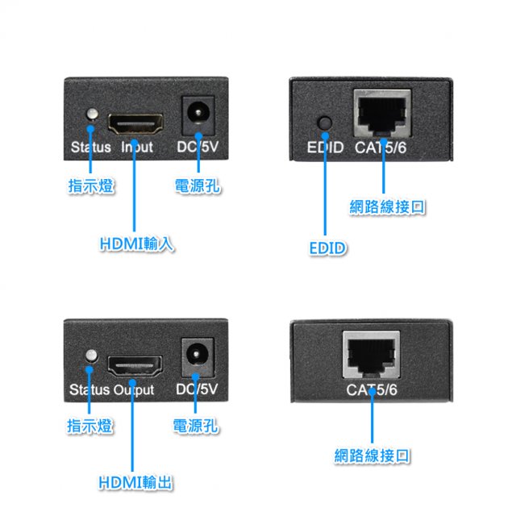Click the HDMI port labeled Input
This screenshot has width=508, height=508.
pos(136,123)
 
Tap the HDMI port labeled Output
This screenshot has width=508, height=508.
pos(135,367)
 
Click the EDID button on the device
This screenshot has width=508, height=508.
pos(325,123)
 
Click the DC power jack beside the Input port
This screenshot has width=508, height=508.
pos(196,115)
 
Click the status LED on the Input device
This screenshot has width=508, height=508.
pos(94,115)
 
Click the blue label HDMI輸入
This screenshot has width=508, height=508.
pos(135,243)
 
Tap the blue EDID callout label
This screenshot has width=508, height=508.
pos(327,248)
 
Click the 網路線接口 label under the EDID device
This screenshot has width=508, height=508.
pos(388,207)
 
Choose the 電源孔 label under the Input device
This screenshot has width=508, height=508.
pos(198,187)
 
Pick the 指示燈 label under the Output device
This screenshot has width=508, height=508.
pos(90,427)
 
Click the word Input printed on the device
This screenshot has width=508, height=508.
pos(137,148)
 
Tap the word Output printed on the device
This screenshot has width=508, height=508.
pos(134,390)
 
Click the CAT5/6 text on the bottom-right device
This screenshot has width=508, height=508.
pos(372,390)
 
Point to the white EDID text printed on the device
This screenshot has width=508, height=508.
pos(326,148)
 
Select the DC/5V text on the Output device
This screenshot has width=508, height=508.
pos(197,390)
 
